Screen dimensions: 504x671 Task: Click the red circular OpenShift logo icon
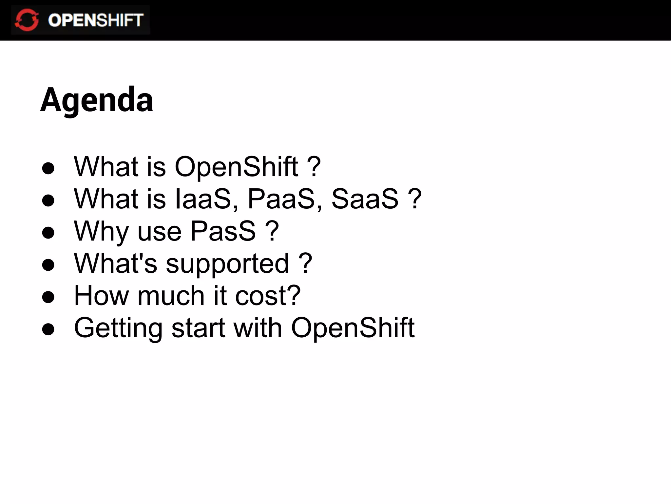[27, 20]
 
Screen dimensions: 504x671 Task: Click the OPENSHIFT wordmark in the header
[95, 20]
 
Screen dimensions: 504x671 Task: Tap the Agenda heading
[97, 100]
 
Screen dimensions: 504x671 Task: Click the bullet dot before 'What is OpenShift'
[48, 168]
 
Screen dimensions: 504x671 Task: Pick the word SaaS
[365, 199]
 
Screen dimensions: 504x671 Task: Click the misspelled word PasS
[223, 231]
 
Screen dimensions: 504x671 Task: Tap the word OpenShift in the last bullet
[353, 327]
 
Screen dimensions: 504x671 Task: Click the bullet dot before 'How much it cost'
[48, 297]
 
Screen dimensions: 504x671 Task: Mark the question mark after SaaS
[415, 199]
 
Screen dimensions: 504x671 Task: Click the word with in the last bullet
[258, 327]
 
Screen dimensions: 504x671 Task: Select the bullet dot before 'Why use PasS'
[48, 233]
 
